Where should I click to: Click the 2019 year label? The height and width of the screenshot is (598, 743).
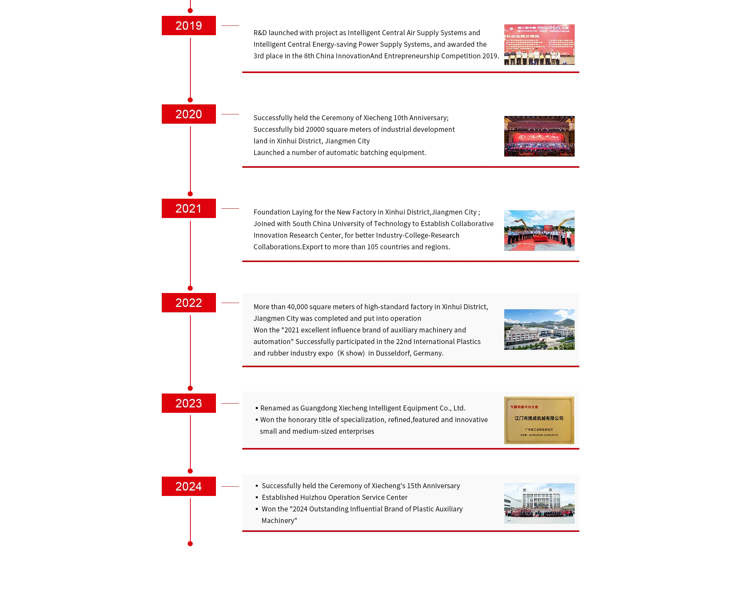tap(188, 26)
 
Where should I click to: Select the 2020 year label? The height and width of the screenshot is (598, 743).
tap(188, 114)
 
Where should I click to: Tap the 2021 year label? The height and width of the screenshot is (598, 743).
tap(188, 209)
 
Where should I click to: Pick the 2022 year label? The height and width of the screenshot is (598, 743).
tap(188, 303)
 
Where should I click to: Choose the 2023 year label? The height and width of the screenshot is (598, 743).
tap(188, 403)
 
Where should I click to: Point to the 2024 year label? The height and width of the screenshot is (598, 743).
tap(188, 486)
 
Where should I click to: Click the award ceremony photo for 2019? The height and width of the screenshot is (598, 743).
tap(539, 44)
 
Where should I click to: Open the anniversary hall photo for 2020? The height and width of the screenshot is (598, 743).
tap(539, 136)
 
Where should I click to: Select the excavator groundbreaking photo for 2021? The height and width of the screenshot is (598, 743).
tap(539, 230)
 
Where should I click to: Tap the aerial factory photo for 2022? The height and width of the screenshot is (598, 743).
tap(539, 329)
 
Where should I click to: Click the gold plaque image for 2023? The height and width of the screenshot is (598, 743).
tap(539, 420)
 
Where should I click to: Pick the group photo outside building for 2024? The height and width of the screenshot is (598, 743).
tap(539, 503)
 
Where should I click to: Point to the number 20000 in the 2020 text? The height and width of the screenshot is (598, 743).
tap(315, 129)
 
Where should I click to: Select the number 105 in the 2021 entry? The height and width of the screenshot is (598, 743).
tap(373, 247)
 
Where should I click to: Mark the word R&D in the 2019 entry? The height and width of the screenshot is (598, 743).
tap(260, 33)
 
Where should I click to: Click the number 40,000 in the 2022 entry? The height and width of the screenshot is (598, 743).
tap(297, 307)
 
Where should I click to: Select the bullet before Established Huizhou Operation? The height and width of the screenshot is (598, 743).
tap(257, 497)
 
